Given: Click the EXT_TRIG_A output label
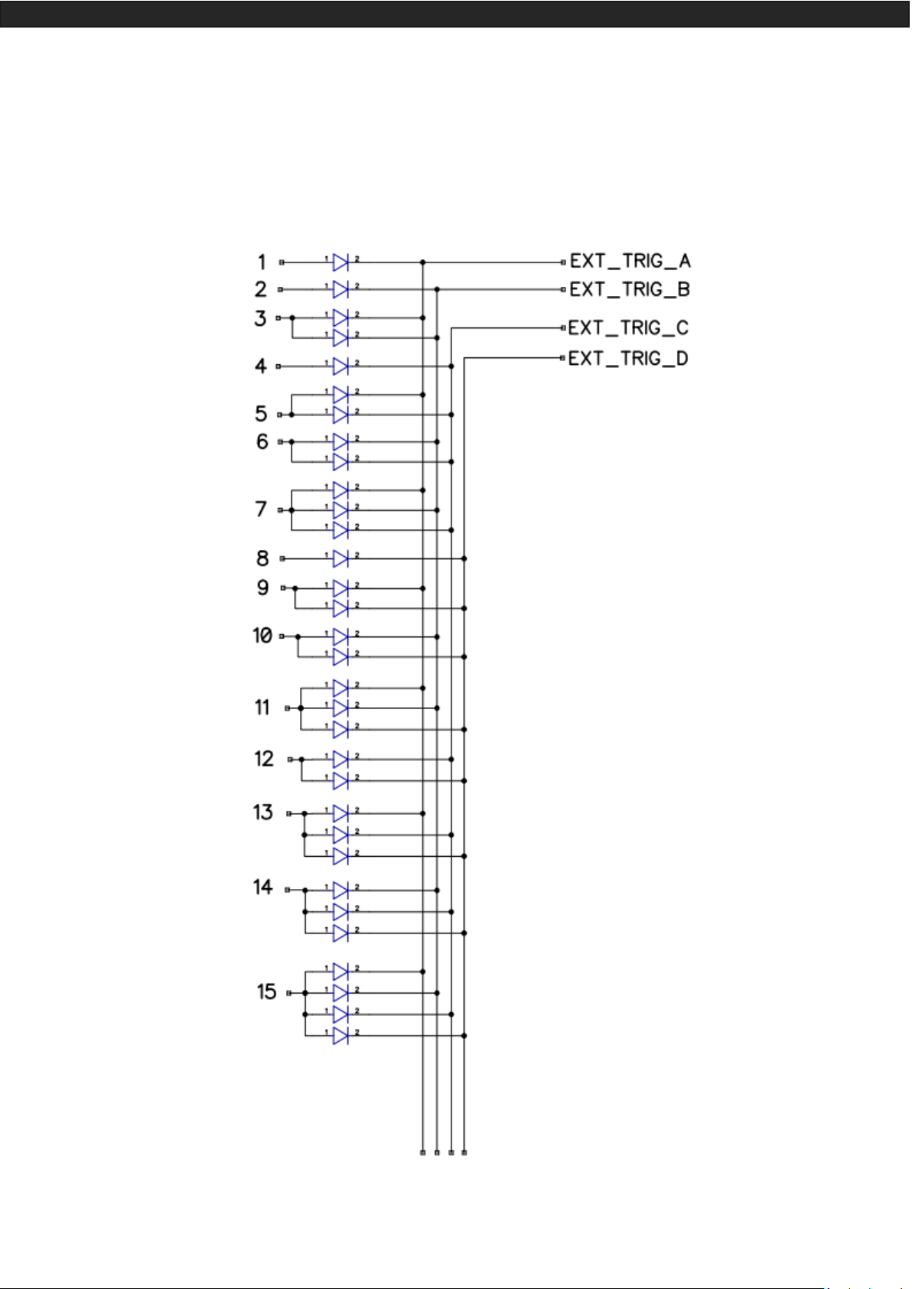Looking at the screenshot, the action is pyautogui.click(x=630, y=262).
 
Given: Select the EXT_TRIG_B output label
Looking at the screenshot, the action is pyautogui.click(x=630, y=290).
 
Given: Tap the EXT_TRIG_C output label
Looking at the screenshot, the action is pyautogui.click(x=628, y=328).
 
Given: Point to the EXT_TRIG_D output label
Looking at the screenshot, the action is pyautogui.click(x=628, y=359).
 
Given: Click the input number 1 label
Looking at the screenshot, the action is pyautogui.click(x=262, y=262).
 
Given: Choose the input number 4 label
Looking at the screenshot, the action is pyautogui.click(x=261, y=366).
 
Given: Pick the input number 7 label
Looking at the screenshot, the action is pyautogui.click(x=261, y=509).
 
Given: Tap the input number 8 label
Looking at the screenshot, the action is pyautogui.click(x=262, y=558).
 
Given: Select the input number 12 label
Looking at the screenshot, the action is pyautogui.click(x=264, y=759).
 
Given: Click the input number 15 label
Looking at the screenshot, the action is pyautogui.click(x=266, y=992).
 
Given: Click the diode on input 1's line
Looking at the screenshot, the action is pyautogui.click(x=340, y=262).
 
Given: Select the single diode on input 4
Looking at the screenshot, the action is pyautogui.click(x=340, y=366).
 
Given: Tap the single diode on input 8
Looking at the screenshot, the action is pyautogui.click(x=340, y=558).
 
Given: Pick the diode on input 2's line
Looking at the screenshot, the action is pyautogui.click(x=340, y=289).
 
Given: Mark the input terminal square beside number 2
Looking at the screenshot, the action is pyautogui.click(x=280, y=289).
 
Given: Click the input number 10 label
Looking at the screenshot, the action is pyautogui.click(x=262, y=636).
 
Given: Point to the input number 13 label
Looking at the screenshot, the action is pyautogui.click(x=263, y=812).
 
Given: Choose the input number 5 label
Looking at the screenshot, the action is pyautogui.click(x=261, y=414).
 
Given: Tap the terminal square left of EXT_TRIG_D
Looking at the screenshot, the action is pyautogui.click(x=563, y=357).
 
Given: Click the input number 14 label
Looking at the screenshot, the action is pyautogui.click(x=263, y=887).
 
